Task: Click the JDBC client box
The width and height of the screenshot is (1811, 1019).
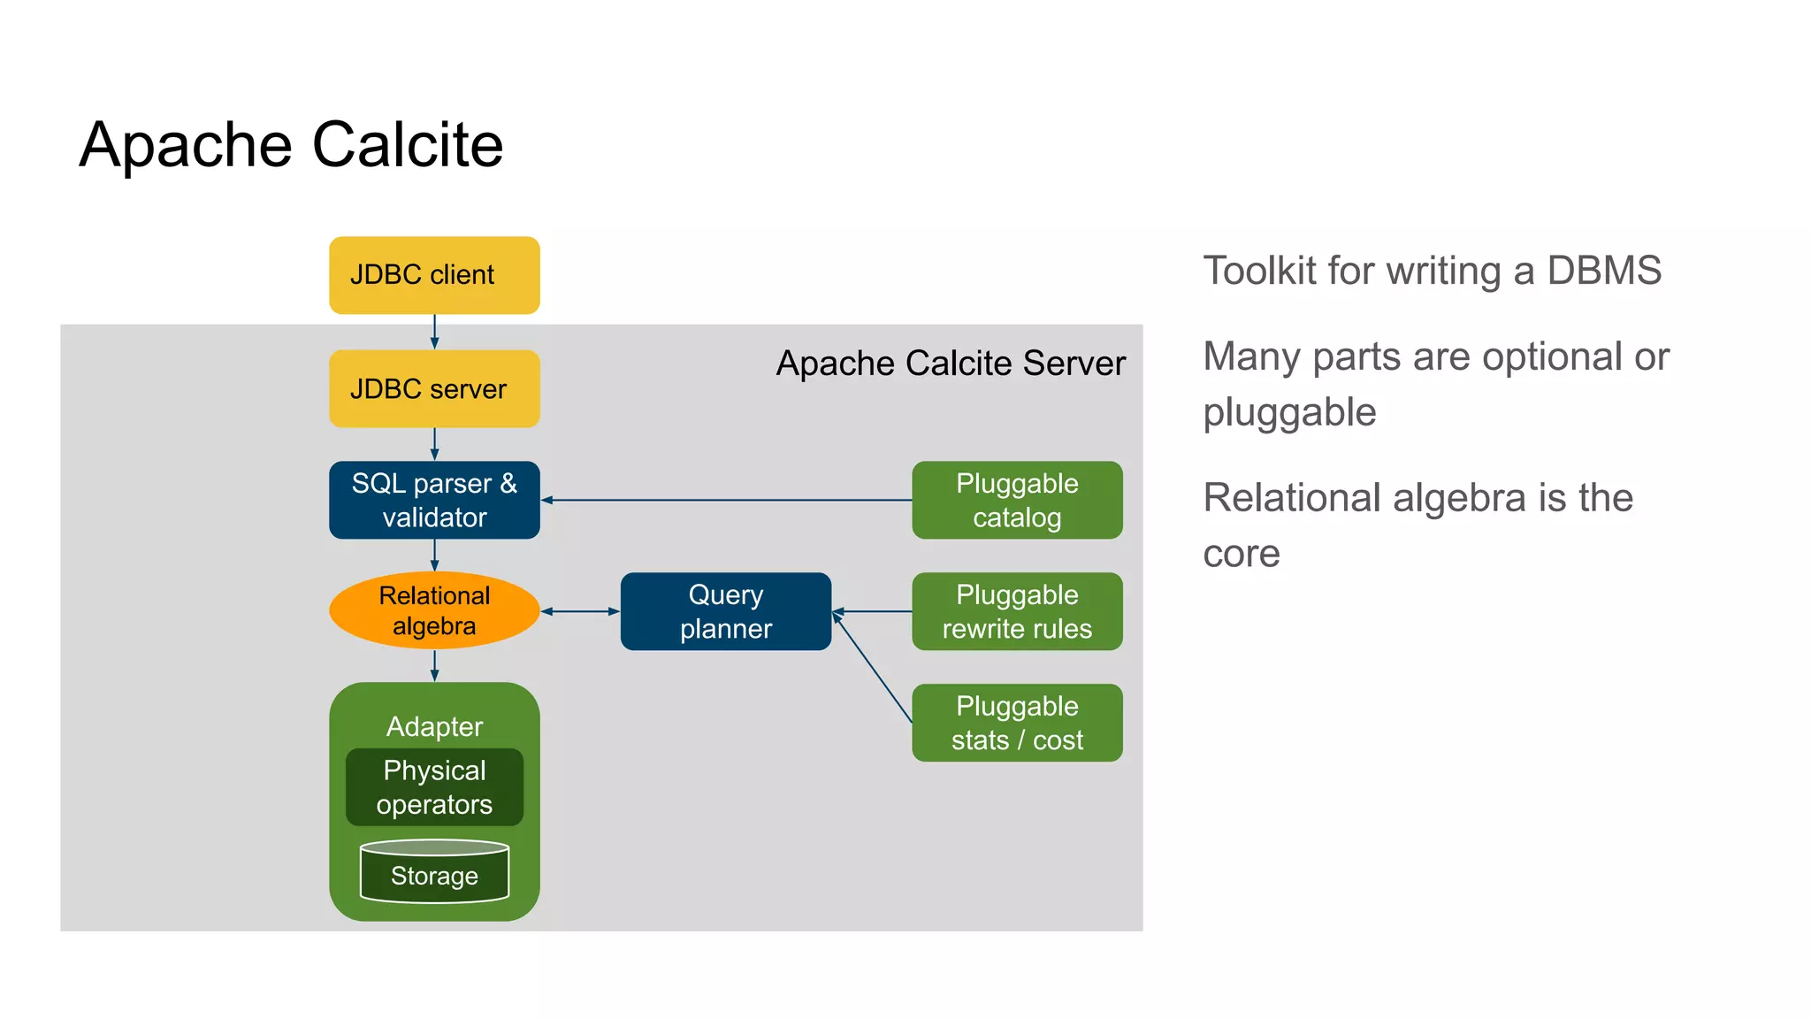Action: click(434, 275)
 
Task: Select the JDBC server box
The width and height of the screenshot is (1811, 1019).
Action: click(434, 389)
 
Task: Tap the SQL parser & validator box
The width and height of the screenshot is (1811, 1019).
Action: click(434, 500)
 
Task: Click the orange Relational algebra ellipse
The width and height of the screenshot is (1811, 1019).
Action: click(434, 610)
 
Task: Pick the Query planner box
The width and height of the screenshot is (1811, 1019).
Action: click(725, 611)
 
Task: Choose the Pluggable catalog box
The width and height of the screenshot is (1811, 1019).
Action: click(1017, 500)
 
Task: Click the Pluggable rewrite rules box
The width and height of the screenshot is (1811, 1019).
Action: click(1017, 611)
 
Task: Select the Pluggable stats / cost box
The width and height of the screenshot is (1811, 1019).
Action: click(1017, 723)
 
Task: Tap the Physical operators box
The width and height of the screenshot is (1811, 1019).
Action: click(434, 787)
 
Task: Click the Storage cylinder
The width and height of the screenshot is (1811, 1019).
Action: click(434, 874)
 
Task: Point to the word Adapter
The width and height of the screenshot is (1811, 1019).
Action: click(434, 726)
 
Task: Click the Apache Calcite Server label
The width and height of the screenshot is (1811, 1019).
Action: click(951, 364)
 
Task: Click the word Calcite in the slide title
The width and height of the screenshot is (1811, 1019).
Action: click(408, 144)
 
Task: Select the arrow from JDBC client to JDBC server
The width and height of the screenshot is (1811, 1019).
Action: click(434, 332)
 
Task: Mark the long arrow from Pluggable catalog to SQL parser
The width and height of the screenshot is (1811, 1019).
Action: click(725, 500)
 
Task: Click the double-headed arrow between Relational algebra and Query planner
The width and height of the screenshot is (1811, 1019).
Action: click(580, 611)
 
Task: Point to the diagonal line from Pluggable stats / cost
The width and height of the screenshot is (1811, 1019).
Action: click(874, 670)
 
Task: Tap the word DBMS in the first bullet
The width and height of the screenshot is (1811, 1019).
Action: click(1603, 271)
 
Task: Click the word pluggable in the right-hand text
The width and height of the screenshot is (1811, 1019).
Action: click(1289, 412)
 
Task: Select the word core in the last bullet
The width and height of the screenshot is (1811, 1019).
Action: click(1242, 554)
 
